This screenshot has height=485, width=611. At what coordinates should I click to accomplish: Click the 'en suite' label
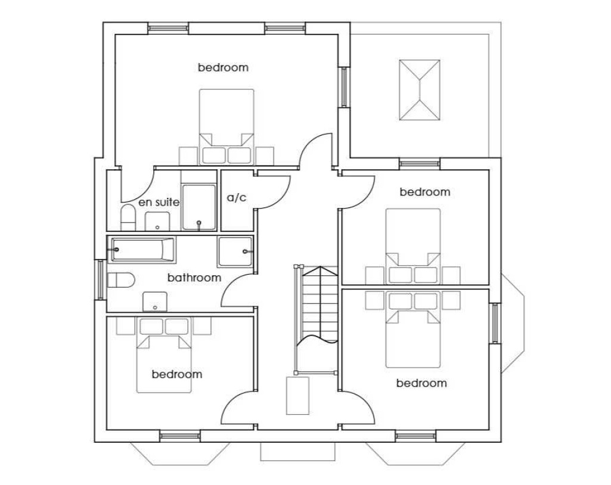point(159,203)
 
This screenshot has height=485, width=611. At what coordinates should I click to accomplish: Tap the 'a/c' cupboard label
point(237,198)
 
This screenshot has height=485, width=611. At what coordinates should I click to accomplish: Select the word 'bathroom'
point(194,278)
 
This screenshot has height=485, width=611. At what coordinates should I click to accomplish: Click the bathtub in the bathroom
point(141,250)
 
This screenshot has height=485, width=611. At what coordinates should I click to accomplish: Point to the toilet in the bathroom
point(121,279)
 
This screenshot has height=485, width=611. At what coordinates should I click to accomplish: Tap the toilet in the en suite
point(128,217)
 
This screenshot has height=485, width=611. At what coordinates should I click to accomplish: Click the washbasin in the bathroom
point(155,301)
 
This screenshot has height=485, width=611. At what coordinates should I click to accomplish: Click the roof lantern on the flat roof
point(420,90)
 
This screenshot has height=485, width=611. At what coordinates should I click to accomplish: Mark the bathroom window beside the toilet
point(100,279)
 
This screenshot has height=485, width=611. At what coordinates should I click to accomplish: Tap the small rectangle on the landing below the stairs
point(297,396)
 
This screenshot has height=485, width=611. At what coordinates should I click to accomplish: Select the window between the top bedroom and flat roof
point(343,88)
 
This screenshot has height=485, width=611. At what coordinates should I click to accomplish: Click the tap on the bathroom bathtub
point(116,249)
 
